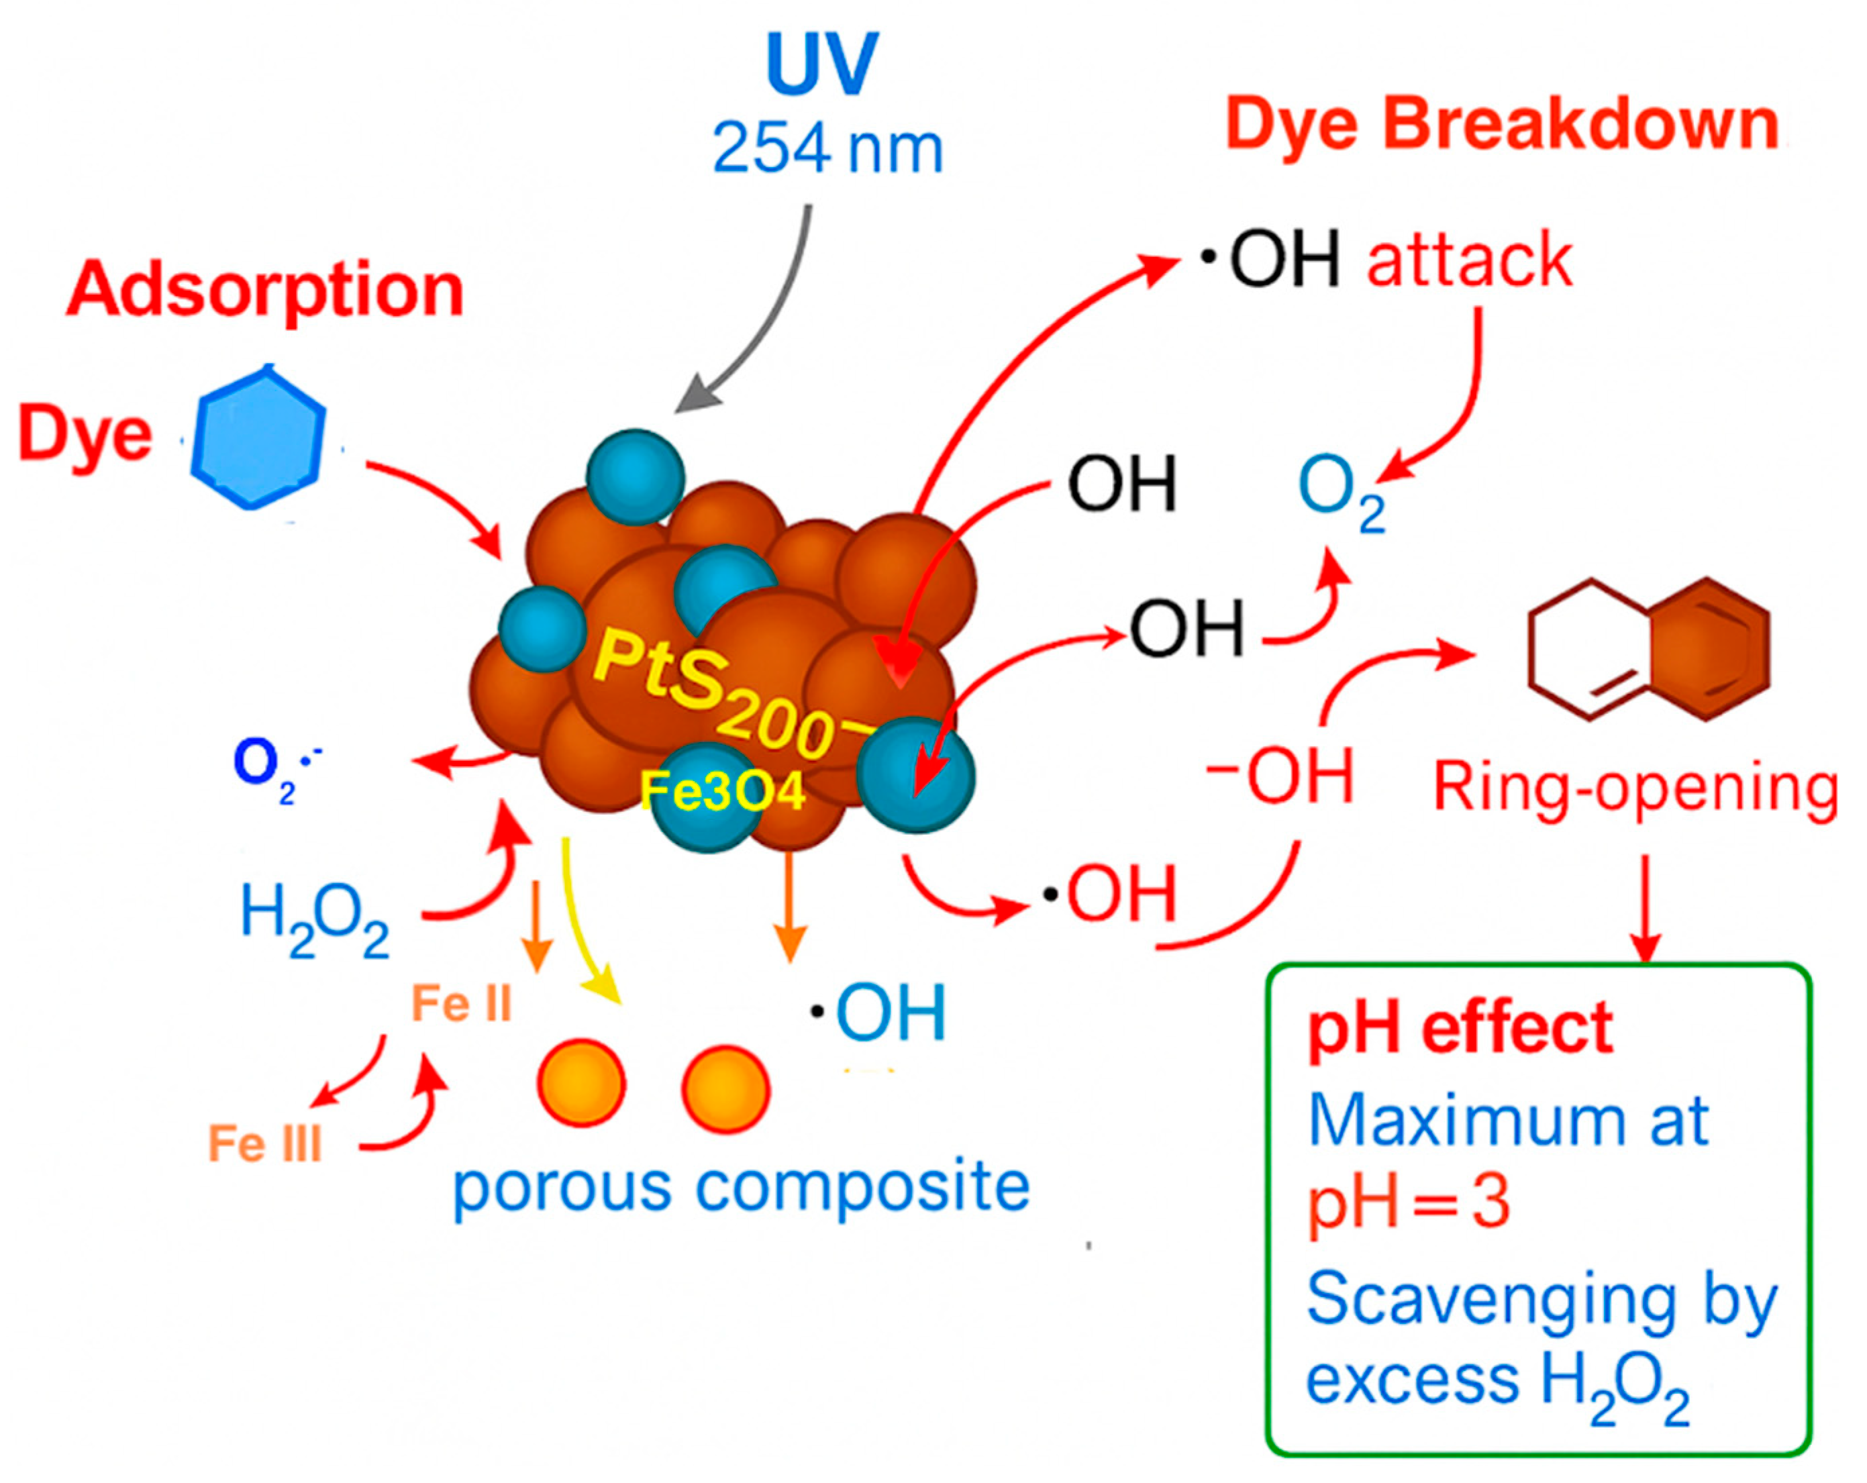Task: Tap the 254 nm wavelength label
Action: pos(827,150)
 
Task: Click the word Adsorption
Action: pos(265,290)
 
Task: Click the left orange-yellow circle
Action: pos(581,1082)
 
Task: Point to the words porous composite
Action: pos(742,1188)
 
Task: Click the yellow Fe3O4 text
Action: pos(722,790)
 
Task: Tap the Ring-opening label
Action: pos(1635,788)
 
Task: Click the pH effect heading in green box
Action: pos(1460,1029)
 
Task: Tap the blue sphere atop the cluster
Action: pos(635,477)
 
